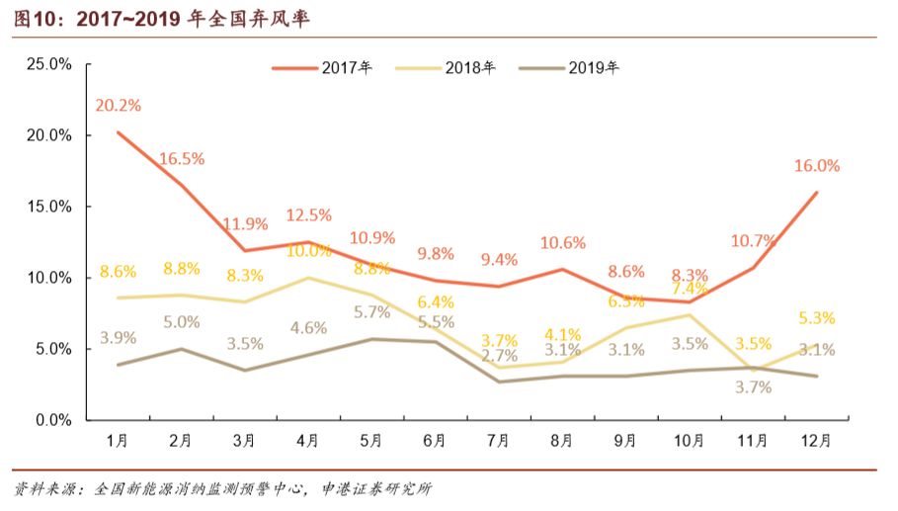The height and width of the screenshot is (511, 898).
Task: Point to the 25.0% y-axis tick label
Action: [47, 64]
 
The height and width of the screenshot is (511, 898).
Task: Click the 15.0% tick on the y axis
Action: [47, 207]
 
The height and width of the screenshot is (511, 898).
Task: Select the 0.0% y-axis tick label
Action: [51, 420]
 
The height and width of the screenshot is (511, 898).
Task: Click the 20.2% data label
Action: [118, 105]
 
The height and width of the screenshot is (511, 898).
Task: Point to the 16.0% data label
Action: [816, 166]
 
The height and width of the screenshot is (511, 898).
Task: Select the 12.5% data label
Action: [308, 214]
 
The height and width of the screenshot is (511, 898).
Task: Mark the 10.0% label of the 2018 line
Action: [308, 251]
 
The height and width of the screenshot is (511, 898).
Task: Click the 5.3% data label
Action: [816, 318]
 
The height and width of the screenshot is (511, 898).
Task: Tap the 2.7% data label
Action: [498, 356]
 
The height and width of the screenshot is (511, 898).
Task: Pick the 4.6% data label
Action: [308, 328]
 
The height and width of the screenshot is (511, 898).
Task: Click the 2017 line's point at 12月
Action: [816, 193]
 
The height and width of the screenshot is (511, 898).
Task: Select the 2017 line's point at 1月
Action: [118, 132]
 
